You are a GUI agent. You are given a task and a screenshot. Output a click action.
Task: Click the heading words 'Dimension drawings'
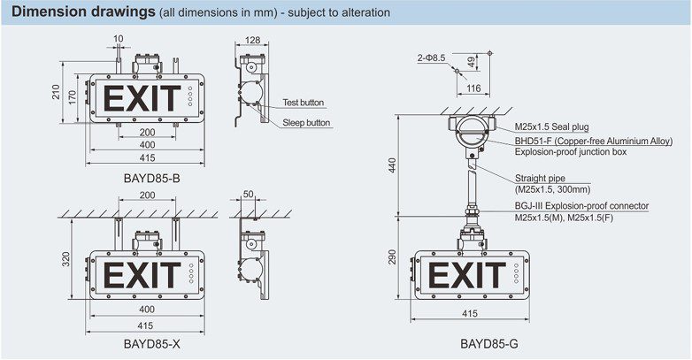click(83, 11)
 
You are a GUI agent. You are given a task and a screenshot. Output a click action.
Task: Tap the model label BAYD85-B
click(152, 179)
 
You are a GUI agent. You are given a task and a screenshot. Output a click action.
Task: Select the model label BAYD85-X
click(152, 344)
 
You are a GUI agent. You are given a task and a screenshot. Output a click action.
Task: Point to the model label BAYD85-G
click(489, 344)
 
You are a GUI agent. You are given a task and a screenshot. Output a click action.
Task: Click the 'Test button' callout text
click(304, 103)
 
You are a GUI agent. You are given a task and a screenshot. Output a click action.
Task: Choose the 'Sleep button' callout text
click(306, 123)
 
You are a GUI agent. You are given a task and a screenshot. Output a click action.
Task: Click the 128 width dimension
click(252, 40)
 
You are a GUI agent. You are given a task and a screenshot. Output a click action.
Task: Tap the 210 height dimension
click(56, 92)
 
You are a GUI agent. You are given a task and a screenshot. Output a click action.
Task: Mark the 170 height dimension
click(73, 97)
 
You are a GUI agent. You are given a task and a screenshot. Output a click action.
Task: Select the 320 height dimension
click(66, 259)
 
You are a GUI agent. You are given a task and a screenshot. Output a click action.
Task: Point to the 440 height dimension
click(392, 165)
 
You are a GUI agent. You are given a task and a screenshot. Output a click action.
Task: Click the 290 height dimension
click(392, 257)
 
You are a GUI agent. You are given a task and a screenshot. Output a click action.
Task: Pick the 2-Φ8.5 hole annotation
click(431, 57)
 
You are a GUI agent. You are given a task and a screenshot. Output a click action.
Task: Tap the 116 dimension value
click(473, 88)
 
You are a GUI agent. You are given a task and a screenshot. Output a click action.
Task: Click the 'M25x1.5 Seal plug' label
click(551, 127)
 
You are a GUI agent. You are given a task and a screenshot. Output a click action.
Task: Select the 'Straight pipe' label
click(540, 179)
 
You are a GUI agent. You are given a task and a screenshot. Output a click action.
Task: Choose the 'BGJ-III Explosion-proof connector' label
click(581, 205)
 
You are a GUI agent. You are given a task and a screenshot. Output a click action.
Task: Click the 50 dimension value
click(249, 194)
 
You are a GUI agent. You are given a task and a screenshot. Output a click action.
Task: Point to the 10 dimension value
click(119, 39)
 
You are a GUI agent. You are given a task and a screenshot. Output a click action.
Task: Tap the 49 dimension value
click(472, 62)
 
